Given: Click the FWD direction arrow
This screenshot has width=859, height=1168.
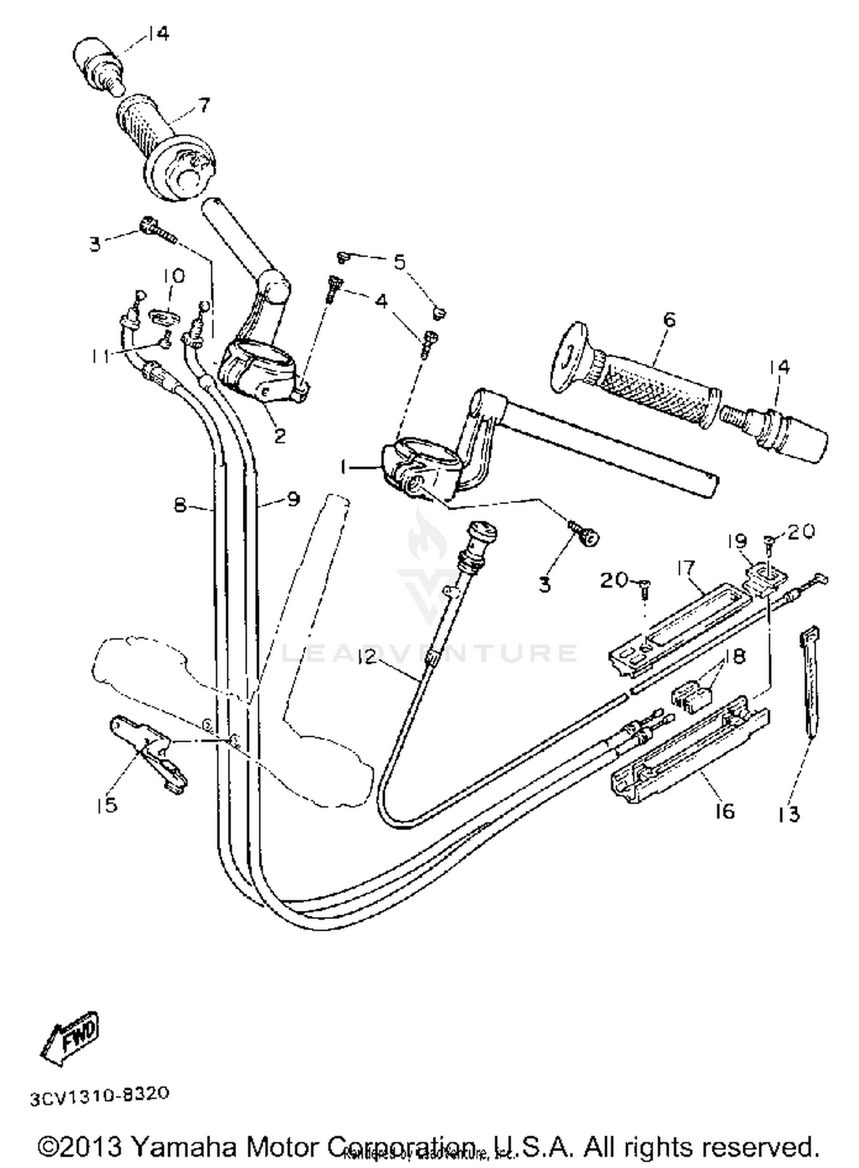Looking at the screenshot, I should coord(70,1038).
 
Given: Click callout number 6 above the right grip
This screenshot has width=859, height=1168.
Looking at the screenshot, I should coord(669,319).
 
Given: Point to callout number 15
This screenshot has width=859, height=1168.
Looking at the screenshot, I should coord(107,805).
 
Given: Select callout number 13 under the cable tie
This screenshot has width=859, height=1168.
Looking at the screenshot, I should coord(790,813).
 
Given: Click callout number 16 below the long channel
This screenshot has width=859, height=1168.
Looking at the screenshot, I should coord(724,811).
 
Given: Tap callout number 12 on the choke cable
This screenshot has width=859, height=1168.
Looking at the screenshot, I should coord(366,657).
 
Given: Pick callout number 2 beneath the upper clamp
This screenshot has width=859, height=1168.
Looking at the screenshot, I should coord(279,436).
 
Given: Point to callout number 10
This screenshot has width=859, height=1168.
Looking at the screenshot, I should coord(174,277).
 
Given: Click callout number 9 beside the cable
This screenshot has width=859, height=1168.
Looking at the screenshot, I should coord(293,500).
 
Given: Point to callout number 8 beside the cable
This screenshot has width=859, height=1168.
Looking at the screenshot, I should coord(180,505).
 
